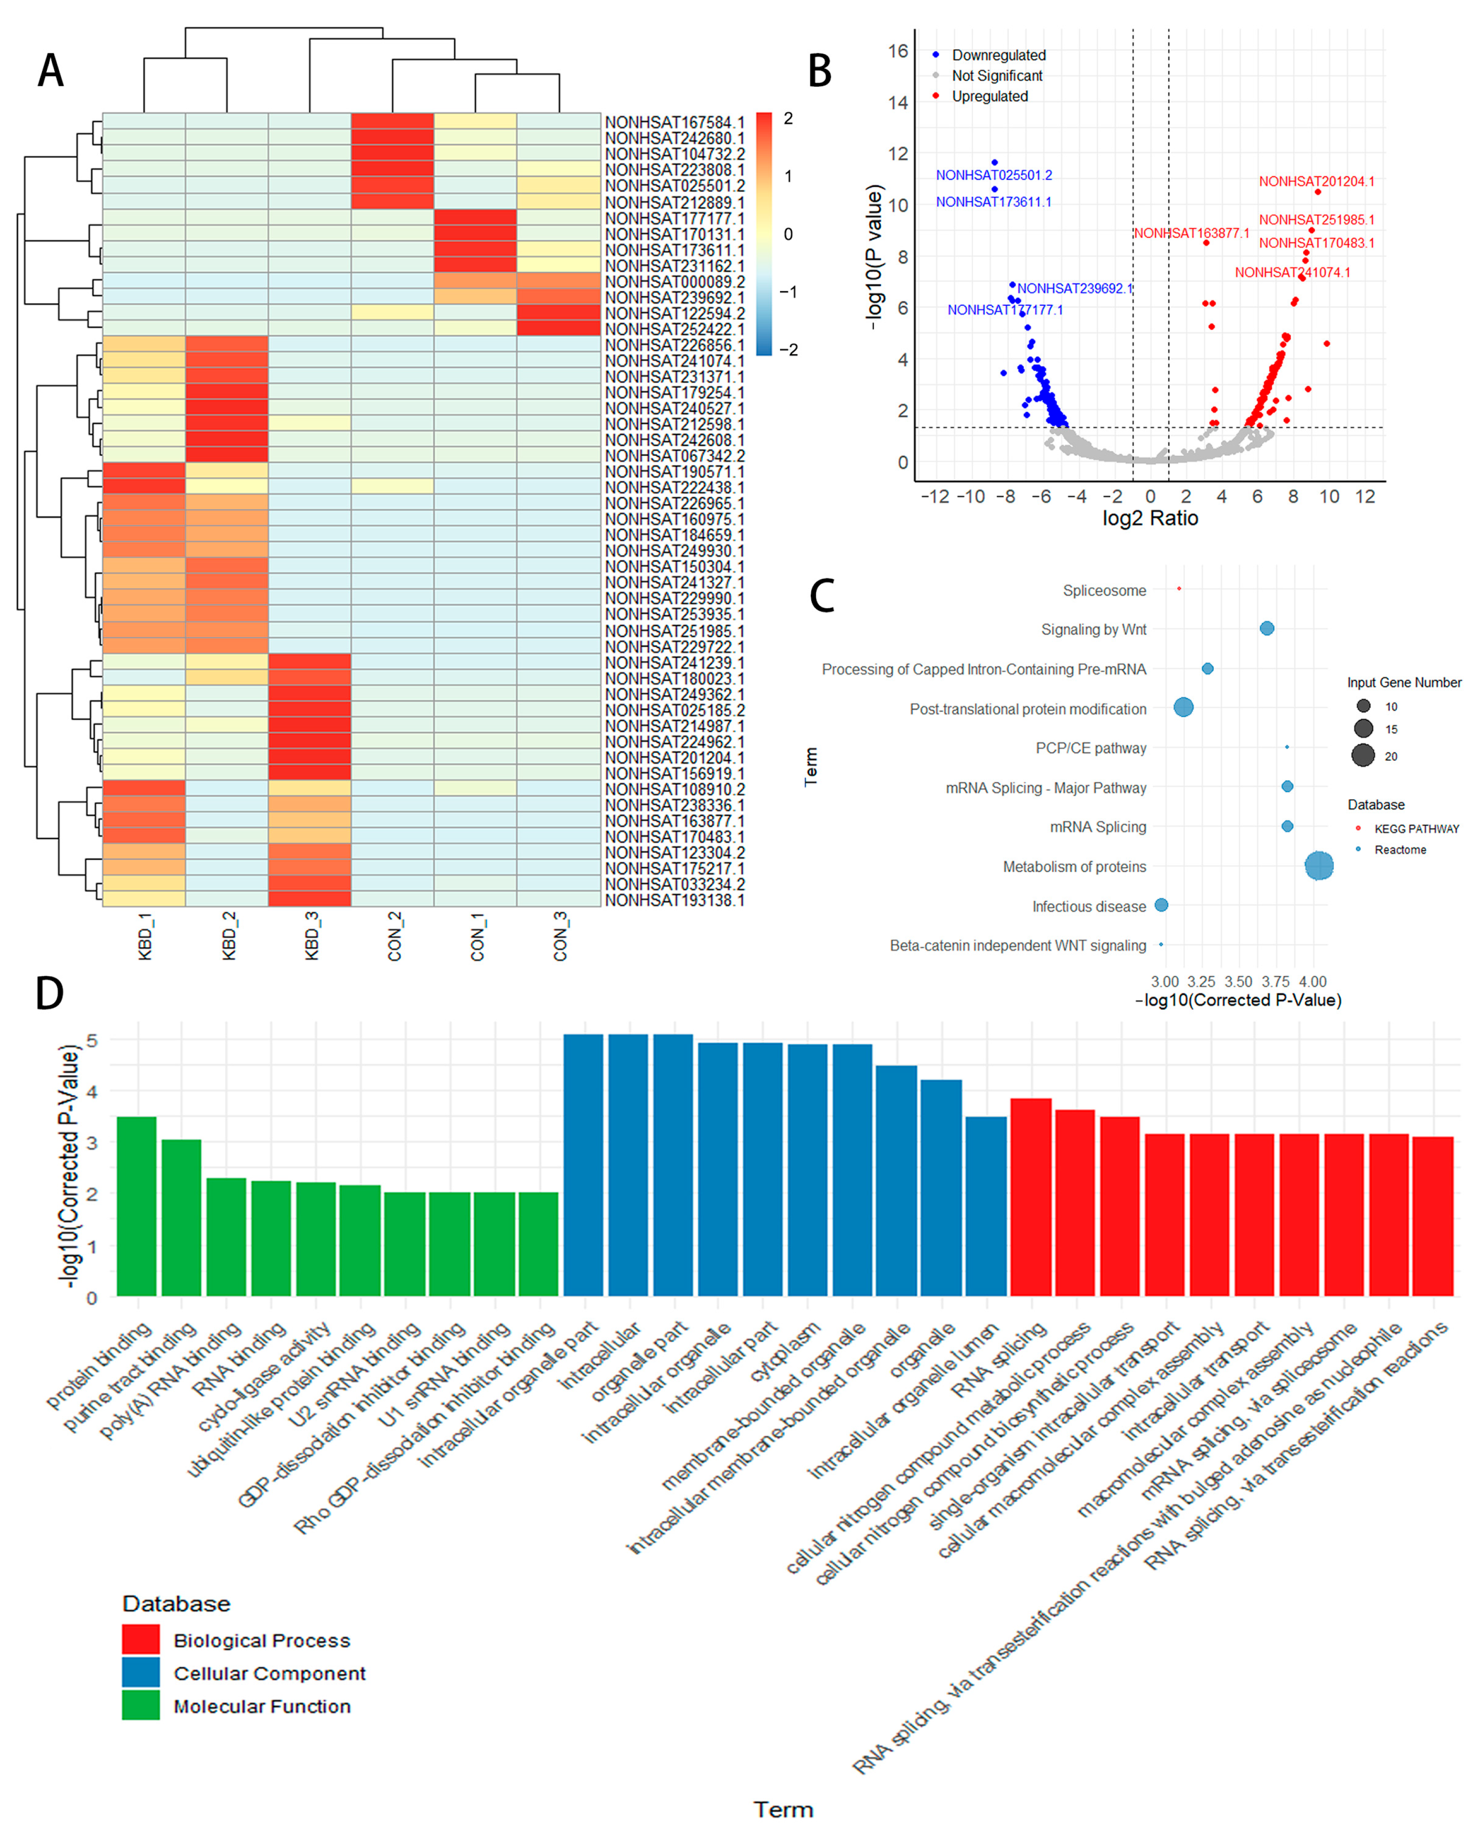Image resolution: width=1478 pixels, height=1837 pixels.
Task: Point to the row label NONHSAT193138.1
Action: click(x=674, y=900)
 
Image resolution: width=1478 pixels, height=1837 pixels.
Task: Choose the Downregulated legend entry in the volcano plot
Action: click(x=997, y=55)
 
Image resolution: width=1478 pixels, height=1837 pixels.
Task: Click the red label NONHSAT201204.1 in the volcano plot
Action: click(x=1316, y=181)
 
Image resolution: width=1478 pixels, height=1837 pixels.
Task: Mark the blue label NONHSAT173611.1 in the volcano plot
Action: click(x=993, y=202)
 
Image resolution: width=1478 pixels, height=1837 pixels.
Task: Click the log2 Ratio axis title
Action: click(x=1150, y=518)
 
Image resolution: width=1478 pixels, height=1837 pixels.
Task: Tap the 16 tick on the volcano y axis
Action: click(x=898, y=51)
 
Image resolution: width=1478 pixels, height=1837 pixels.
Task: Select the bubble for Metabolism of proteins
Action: click(x=1319, y=866)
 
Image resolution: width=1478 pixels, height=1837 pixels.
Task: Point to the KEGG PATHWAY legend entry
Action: click(x=1416, y=828)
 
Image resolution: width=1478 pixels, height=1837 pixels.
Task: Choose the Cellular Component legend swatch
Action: click(x=141, y=1672)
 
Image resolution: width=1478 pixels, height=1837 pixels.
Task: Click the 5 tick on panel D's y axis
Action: click(x=92, y=1040)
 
